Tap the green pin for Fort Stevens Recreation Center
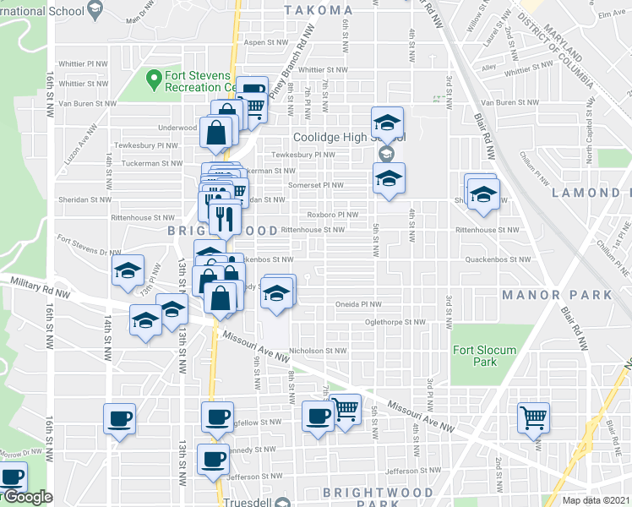coord(154,79)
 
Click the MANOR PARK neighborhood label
coord(556,295)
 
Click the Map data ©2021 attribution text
coord(597,500)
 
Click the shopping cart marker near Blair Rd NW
coord(534,417)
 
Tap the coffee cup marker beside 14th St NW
coord(119,417)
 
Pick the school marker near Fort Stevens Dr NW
coord(128,270)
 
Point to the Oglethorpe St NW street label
coord(395,321)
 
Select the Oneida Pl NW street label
coord(359,304)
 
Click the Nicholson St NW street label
coord(318,350)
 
